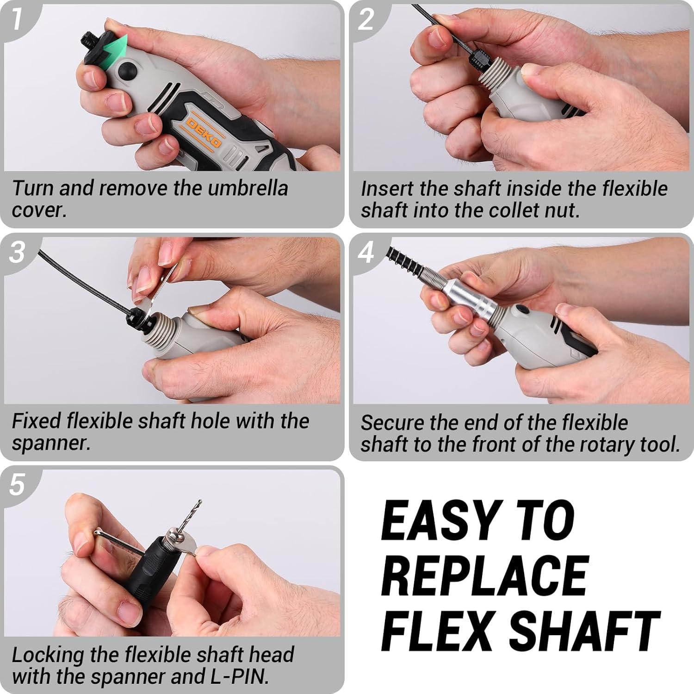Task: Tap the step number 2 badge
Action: coord(366,19)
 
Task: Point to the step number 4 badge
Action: coord(366,252)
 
